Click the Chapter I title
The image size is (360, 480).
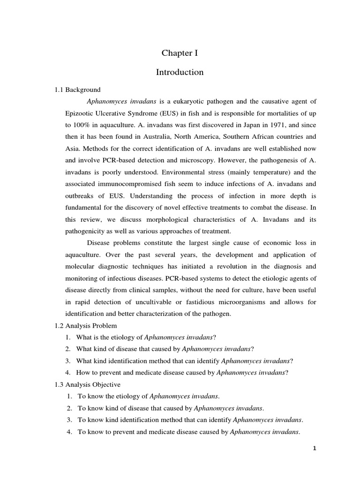point(180,53)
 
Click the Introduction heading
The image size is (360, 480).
point(180,72)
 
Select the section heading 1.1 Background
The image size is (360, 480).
point(78,90)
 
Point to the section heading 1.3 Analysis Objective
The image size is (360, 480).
point(88,384)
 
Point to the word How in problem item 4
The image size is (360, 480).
point(84,372)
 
